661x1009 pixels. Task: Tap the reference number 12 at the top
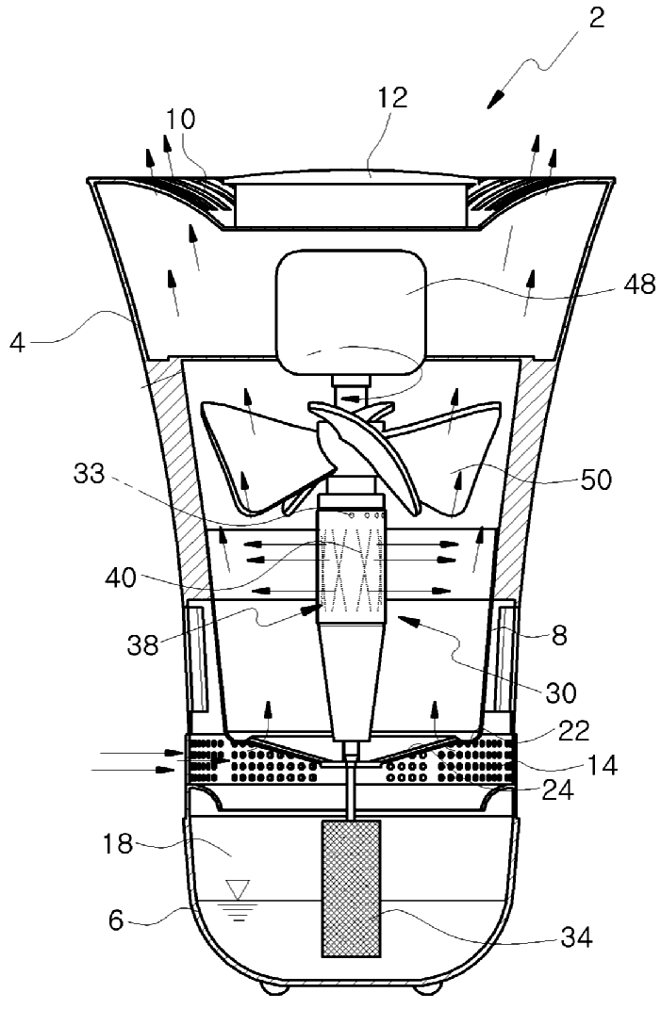pyautogui.click(x=393, y=99)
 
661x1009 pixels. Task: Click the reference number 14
pyautogui.click(x=599, y=765)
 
